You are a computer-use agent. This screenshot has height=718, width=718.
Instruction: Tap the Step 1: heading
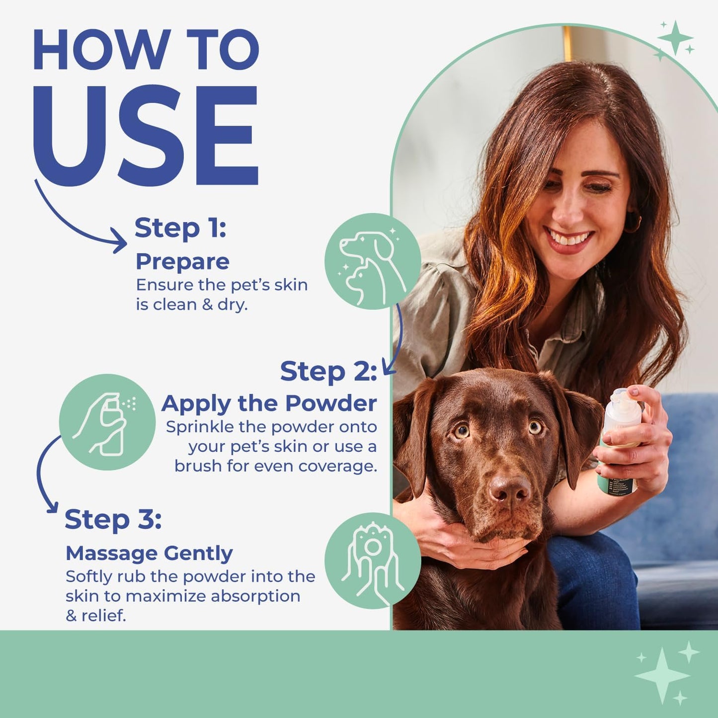(x=180, y=228)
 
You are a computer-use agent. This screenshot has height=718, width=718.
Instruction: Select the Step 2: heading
(x=328, y=371)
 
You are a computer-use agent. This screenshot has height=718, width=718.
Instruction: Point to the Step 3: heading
(x=113, y=519)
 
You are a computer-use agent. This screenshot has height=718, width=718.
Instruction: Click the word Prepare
(x=182, y=261)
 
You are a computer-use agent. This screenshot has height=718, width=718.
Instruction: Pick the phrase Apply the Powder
(x=269, y=403)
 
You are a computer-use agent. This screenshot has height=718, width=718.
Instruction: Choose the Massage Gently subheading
(x=149, y=553)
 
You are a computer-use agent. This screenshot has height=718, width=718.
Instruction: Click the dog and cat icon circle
(x=372, y=261)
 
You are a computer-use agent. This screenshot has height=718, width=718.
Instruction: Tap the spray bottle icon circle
(x=107, y=422)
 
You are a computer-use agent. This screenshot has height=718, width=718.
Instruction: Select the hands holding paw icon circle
(x=372, y=560)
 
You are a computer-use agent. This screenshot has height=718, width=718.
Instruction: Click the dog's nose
(x=510, y=489)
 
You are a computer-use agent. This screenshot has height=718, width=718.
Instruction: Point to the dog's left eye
(x=535, y=426)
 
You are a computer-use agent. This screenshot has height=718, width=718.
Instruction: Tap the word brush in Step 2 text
(x=198, y=466)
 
